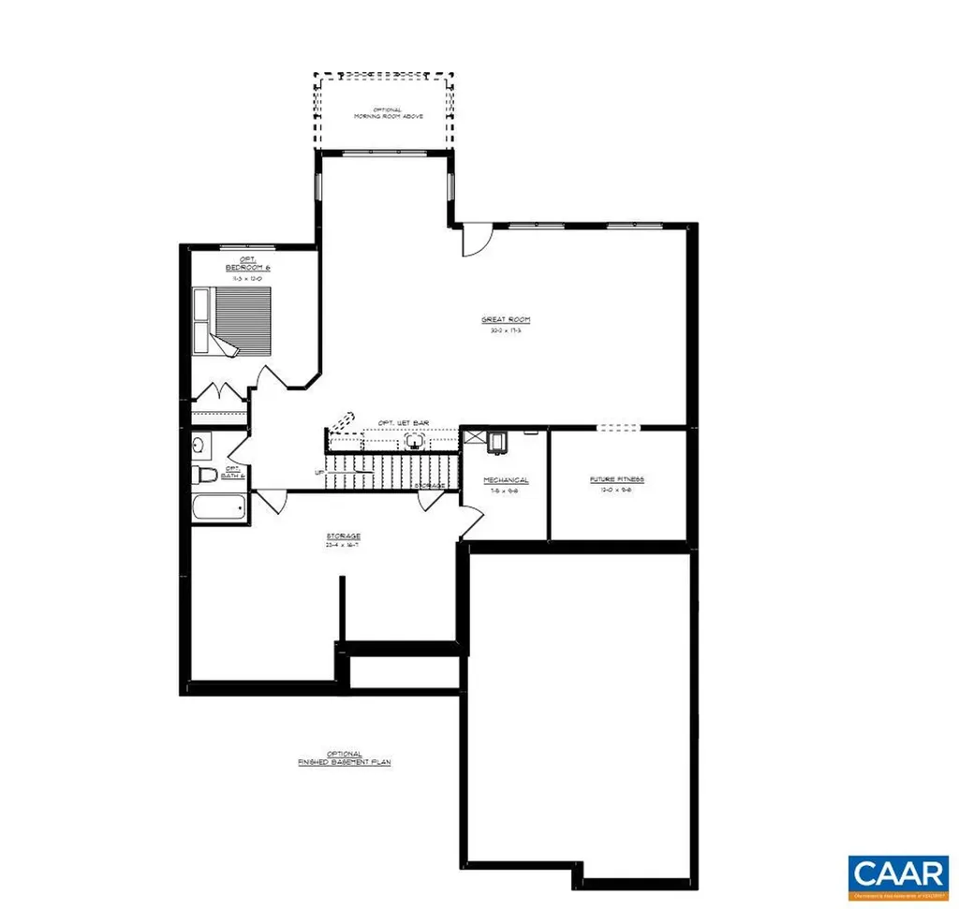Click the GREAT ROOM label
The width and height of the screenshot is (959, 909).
(506, 320)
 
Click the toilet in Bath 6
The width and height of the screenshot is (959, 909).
(205, 475)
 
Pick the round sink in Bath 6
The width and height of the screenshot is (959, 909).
(198, 444)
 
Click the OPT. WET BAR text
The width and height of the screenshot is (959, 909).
(403, 423)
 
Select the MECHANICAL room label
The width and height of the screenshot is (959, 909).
(506, 480)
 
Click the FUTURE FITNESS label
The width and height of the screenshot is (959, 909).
(616, 479)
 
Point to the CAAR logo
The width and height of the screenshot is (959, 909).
(897, 873)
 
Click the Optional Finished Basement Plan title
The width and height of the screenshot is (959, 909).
(339, 758)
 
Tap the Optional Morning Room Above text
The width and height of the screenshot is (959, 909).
(388, 112)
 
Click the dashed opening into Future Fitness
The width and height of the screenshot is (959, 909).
(620, 428)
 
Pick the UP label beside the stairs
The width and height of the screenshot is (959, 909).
(319, 472)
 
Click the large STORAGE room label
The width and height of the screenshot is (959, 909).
(344, 538)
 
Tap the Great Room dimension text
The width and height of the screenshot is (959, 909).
(506, 330)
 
